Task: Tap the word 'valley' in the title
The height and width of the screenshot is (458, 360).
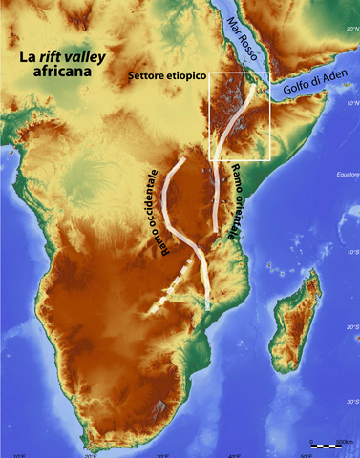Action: (x=103, y=56)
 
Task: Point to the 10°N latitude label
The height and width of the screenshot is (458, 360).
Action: (x=350, y=102)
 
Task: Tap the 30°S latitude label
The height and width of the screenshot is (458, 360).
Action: (x=350, y=402)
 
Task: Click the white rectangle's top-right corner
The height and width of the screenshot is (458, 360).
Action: (x=271, y=73)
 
